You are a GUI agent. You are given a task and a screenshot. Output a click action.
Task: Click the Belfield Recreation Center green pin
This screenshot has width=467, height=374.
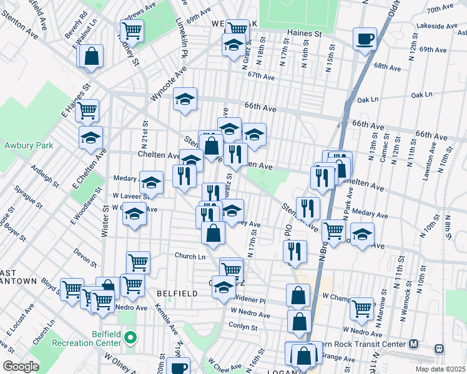(x=130, y=338)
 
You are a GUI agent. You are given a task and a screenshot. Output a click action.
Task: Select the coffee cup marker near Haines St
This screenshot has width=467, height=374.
(x=364, y=39)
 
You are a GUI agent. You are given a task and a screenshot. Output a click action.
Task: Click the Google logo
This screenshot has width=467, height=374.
(x=21, y=367)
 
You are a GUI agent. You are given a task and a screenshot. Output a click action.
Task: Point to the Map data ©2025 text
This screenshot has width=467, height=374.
(x=440, y=369)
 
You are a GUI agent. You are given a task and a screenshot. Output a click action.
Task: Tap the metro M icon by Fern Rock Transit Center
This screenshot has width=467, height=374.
(x=413, y=343)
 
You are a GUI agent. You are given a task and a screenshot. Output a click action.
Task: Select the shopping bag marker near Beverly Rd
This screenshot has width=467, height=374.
(x=91, y=55)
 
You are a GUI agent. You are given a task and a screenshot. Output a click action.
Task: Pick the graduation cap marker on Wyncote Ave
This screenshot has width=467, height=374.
(x=185, y=99)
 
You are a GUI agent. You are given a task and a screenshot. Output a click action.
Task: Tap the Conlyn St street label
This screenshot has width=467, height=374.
(x=243, y=327)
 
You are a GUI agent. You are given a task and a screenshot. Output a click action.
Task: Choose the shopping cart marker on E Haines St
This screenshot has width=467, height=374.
(x=87, y=111)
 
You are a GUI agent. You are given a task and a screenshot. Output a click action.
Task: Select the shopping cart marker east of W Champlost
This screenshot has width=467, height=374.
(x=361, y=307)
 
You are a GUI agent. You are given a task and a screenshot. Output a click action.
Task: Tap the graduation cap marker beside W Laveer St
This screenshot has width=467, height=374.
(x=151, y=183)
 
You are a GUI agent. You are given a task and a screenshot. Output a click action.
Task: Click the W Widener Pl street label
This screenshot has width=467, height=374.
(x=248, y=300)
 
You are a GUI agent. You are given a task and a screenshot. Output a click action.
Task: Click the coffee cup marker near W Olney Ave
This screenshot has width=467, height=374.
(x=179, y=367)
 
